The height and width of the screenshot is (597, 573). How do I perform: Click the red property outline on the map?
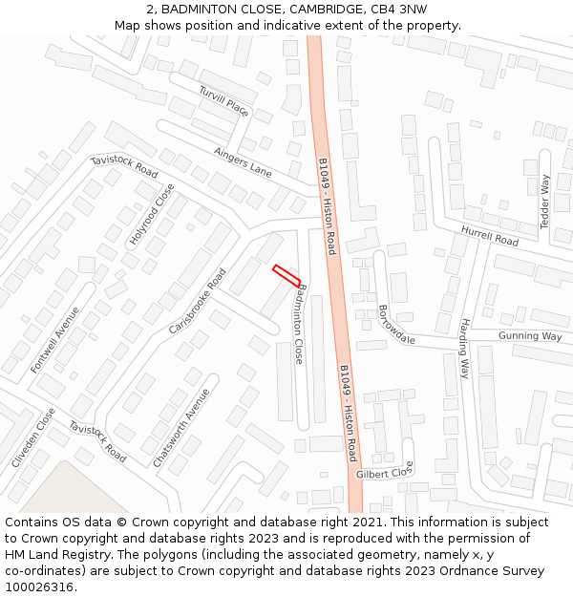pos(286,275)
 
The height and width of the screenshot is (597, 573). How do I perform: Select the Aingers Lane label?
pos(243,162)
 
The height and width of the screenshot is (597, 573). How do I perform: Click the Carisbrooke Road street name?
pos(198,301)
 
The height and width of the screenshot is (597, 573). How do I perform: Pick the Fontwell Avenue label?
pos(55,339)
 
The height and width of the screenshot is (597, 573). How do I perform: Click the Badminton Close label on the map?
pos(301,324)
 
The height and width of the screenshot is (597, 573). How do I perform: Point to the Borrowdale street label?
pos(396,325)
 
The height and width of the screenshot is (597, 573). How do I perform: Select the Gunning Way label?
pos(530,336)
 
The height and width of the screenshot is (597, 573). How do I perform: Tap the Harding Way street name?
pos(465,349)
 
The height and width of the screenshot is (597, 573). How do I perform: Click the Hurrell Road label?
pos(489,236)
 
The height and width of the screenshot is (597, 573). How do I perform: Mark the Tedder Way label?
pos(545,202)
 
